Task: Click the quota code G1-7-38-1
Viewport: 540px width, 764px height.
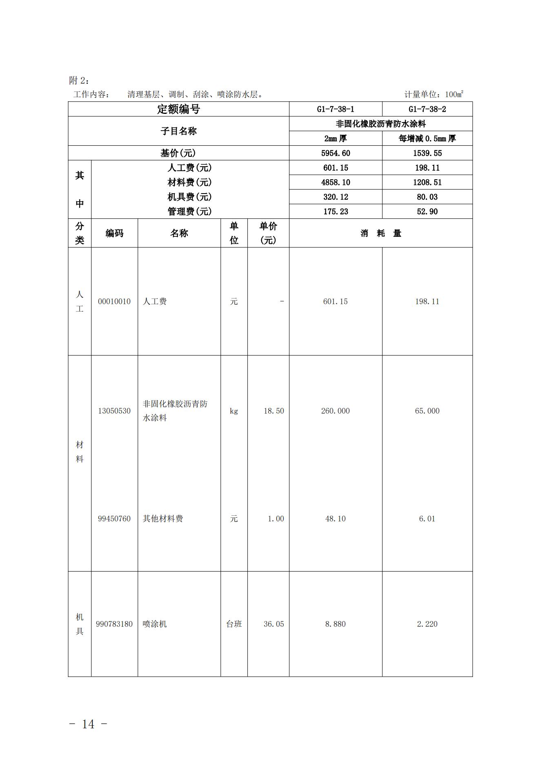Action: click(x=336, y=109)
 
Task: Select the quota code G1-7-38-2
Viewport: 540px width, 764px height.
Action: click(x=427, y=109)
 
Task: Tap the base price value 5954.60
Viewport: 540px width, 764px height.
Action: click(x=336, y=153)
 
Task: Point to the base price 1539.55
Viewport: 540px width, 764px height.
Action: click(x=427, y=153)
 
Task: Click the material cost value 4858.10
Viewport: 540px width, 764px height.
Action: click(x=336, y=182)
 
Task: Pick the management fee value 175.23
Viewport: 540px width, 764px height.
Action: click(x=336, y=212)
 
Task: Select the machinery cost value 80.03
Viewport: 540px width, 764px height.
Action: click(x=427, y=197)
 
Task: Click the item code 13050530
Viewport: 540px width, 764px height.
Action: click(x=114, y=411)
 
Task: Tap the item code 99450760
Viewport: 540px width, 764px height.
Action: click(x=114, y=519)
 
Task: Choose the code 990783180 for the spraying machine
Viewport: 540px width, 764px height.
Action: click(x=114, y=624)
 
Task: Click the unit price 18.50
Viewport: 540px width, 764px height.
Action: click(x=273, y=411)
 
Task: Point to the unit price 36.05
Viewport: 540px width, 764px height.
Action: click(x=273, y=624)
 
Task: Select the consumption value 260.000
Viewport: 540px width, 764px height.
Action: click(x=336, y=411)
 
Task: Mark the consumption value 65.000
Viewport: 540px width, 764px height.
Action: click(x=427, y=411)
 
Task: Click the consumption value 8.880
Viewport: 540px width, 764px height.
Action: click(x=336, y=624)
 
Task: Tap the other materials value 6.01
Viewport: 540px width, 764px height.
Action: click(x=427, y=519)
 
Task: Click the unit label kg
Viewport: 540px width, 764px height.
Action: click(x=234, y=411)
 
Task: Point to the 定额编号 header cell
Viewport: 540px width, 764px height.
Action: click(x=178, y=109)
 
